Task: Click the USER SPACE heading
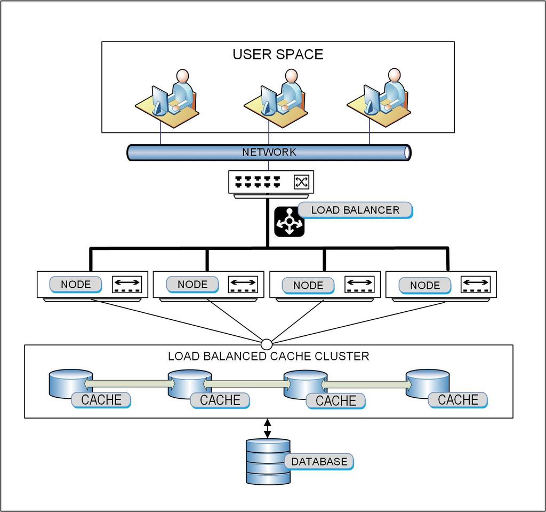point(278,54)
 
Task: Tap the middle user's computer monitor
point(268,99)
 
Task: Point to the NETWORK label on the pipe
point(269,152)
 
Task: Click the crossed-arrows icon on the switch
point(301,182)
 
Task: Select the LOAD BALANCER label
point(355,210)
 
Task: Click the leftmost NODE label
point(76,285)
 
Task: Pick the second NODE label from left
point(192,285)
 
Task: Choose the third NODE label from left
point(308,285)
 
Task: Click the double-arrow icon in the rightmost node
point(475,283)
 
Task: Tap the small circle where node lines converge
point(267,343)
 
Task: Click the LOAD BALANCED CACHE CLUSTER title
point(268,356)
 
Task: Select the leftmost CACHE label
point(101,400)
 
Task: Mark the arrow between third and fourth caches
point(366,384)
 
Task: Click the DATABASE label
point(319,461)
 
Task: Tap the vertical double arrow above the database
point(268,428)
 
